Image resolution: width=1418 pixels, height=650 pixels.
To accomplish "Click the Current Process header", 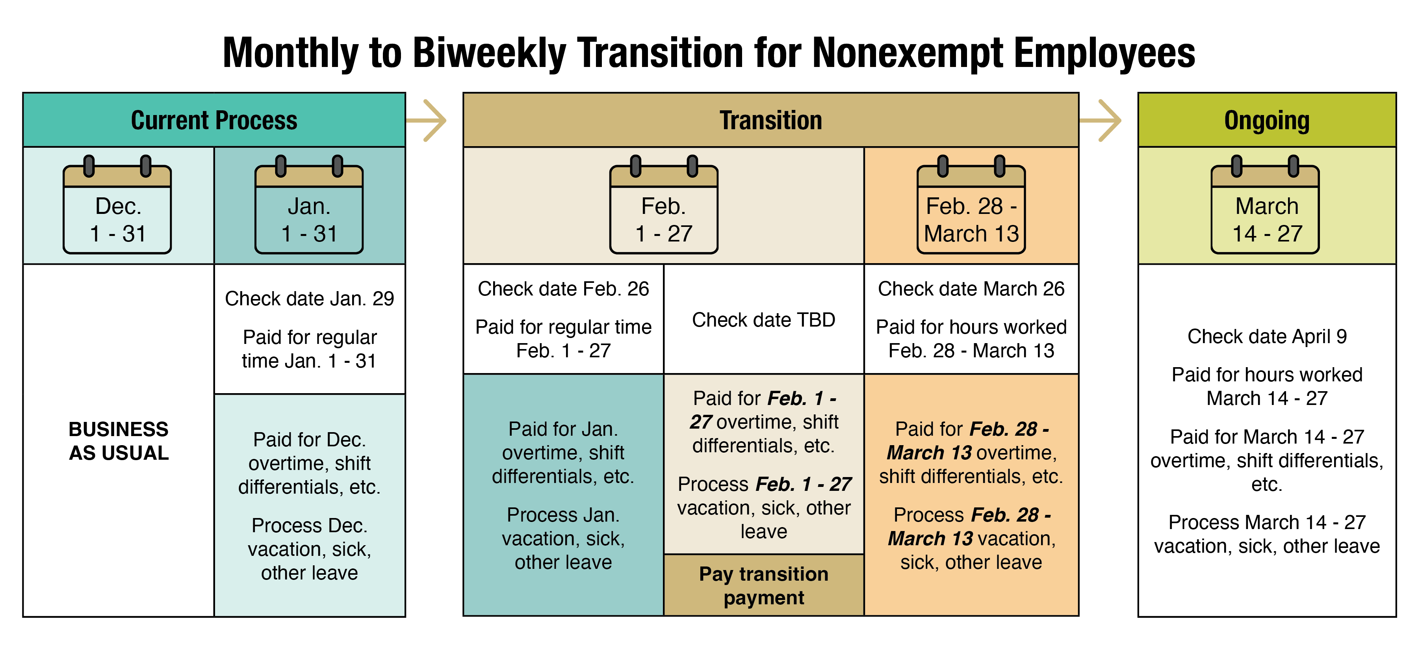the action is (214, 120).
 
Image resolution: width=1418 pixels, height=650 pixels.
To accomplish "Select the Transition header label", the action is (771, 120).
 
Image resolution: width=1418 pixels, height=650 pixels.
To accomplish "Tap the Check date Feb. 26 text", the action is (563, 288).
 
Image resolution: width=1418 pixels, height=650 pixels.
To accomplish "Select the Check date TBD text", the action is (763, 320).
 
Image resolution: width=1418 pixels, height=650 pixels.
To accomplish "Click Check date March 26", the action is (971, 288).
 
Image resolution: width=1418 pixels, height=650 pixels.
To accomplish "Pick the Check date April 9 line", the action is (1267, 336).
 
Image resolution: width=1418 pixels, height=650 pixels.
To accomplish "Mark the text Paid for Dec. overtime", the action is (309, 451).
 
